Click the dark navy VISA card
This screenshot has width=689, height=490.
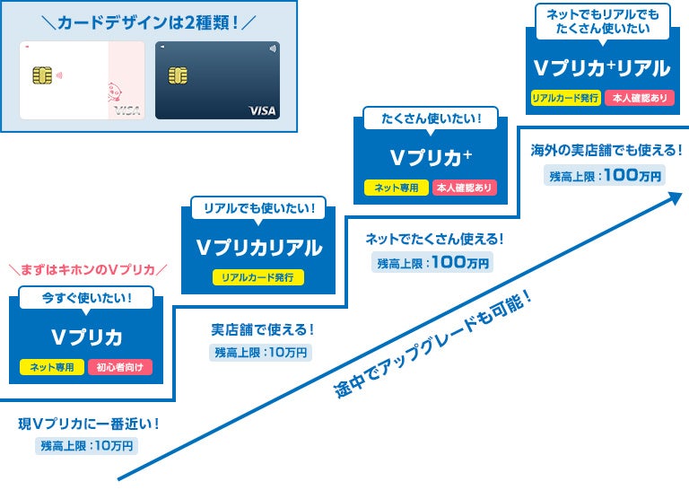tap(217, 80)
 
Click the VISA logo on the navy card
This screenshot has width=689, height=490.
tap(262, 110)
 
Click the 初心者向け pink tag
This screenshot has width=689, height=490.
tap(120, 367)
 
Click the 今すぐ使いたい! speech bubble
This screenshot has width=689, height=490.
tap(86, 298)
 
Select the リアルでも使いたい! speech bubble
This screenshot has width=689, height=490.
tap(258, 209)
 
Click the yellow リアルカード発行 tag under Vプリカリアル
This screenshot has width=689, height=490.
tap(258, 277)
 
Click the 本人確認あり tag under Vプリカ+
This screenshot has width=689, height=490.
tap(464, 188)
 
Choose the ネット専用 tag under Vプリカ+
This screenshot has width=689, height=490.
tap(396, 188)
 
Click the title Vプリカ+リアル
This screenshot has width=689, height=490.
tap(602, 67)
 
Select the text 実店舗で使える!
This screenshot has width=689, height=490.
tap(262, 330)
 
